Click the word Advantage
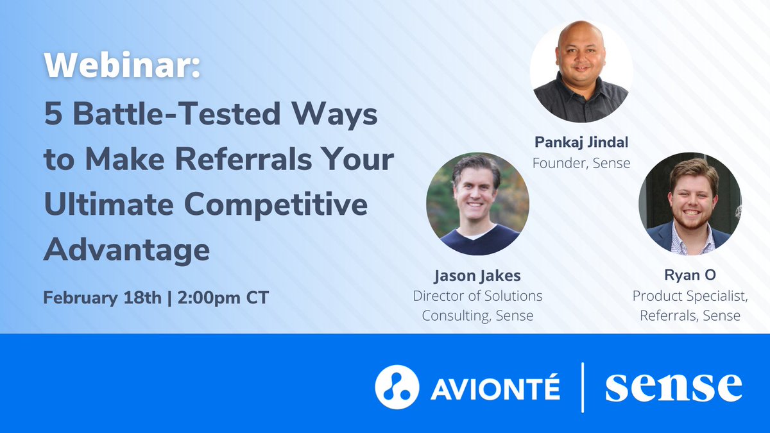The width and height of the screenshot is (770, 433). tap(126, 250)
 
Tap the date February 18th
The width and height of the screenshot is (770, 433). tap(99, 298)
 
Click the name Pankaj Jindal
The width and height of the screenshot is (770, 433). tap(581, 142)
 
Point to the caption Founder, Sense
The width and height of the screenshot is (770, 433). tap(581, 163)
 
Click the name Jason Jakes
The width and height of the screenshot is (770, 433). tap(477, 276)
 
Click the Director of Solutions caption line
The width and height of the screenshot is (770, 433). tap(477, 296)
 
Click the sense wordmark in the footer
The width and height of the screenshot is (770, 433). tap(673, 387)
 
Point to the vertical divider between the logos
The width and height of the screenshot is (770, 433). tap(583, 387)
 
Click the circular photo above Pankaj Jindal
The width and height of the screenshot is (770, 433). tap(581, 71)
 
